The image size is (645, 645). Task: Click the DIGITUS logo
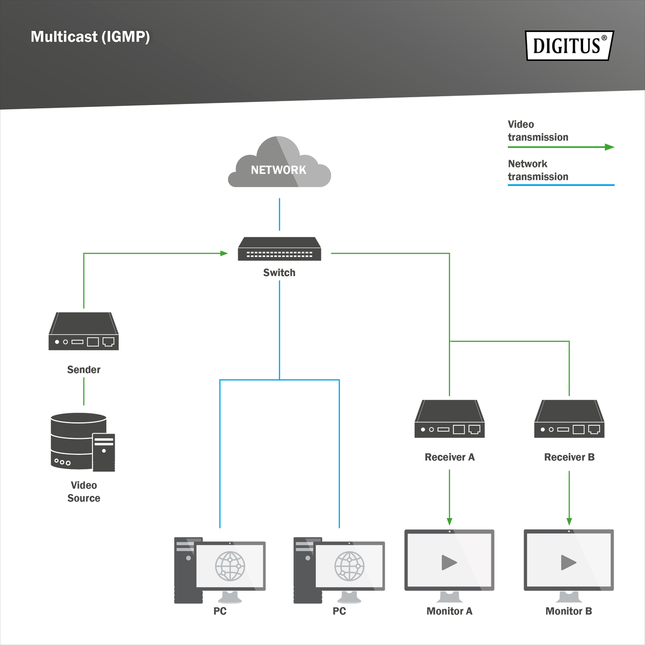click(570, 45)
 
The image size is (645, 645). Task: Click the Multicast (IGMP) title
click(90, 37)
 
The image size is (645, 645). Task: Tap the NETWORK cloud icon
click(279, 165)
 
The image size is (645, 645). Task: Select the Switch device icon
click(279, 249)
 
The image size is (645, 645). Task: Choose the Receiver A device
click(450, 419)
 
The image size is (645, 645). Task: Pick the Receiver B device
click(569, 419)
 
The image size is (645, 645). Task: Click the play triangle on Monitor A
click(449, 562)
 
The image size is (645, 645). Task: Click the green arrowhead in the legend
click(610, 147)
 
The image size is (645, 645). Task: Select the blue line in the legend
click(561, 185)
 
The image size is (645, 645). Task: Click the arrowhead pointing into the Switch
click(224, 253)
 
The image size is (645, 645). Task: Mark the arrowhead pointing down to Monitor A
click(450, 521)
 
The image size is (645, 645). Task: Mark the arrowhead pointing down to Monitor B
click(569, 521)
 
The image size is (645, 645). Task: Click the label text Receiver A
click(450, 457)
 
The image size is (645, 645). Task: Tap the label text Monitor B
click(569, 611)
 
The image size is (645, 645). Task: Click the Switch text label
click(279, 273)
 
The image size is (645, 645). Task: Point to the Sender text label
click(84, 370)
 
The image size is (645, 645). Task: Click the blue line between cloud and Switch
click(279, 214)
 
